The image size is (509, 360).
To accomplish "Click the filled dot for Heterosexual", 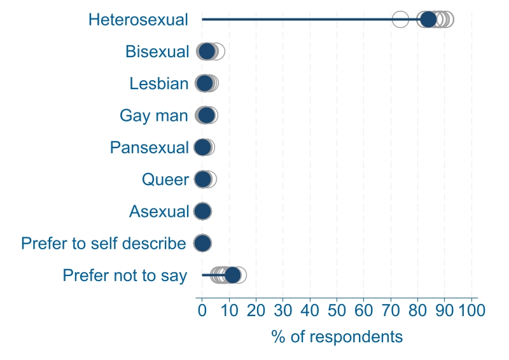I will [428, 20].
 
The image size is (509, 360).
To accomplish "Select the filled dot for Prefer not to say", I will [233, 275].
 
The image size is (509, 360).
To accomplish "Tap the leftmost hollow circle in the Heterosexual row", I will [400, 20].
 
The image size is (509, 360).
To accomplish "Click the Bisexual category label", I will [157, 52].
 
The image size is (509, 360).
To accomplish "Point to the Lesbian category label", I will [159, 83].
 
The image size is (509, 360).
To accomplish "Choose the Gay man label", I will [154, 116].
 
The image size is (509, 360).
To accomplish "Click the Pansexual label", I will [150, 148].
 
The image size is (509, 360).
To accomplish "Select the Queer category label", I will [165, 179].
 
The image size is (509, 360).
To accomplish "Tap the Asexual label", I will [159, 211].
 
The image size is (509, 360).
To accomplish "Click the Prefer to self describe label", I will [104, 243].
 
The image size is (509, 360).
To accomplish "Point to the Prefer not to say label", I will [125, 275].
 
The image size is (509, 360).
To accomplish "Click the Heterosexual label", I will [139, 20].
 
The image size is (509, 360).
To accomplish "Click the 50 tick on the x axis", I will [337, 310].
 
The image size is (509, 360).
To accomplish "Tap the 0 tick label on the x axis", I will [202, 310].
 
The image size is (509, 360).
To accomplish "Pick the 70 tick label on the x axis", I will [391, 310].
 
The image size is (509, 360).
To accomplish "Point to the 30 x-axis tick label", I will [283, 310].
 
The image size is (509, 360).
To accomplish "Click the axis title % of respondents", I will [337, 336].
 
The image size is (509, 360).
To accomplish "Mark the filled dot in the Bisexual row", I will [207, 52].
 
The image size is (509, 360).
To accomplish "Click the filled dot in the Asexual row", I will [203, 211].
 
